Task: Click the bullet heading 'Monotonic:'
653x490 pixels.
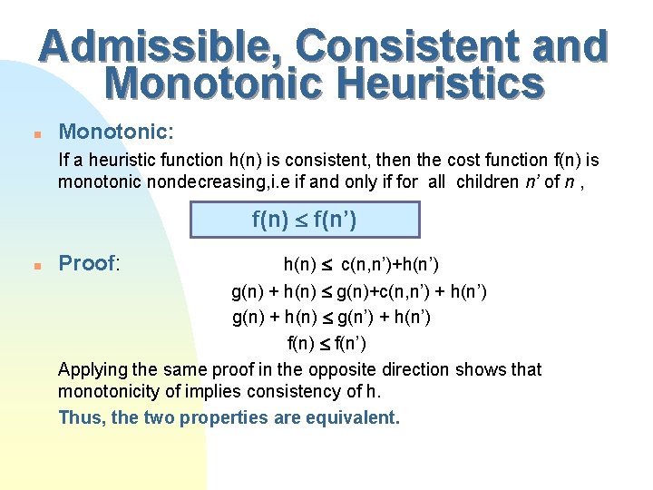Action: [116, 132]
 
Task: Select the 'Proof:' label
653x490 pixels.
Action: [90, 264]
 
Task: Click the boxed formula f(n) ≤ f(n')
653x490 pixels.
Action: [304, 220]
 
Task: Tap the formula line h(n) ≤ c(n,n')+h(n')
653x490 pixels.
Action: [361, 265]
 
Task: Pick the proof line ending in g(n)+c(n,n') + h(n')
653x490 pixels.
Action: [359, 291]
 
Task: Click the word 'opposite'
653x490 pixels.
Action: [342, 370]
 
